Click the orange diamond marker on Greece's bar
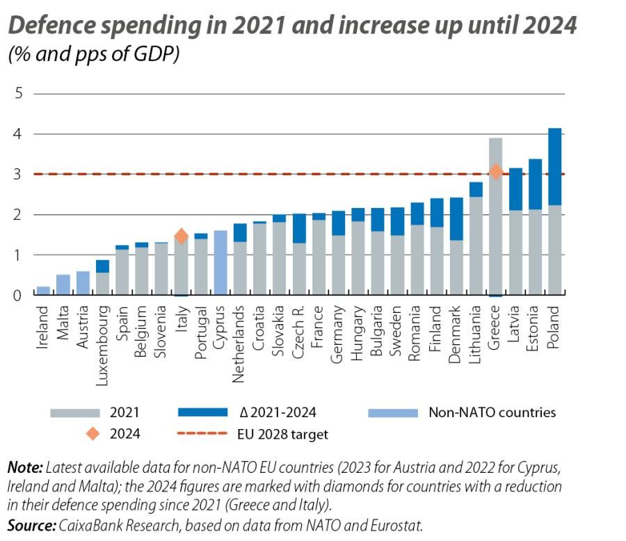coord(495,172)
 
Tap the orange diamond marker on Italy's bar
coord(181,236)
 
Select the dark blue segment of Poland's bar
coord(554,167)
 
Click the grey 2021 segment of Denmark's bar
coord(456,268)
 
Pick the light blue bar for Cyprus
coord(220,263)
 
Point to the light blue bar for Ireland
coord(43,291)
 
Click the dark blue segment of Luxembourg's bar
coord(102,266)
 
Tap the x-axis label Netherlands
coord(240,333)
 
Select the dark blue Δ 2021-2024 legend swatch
coord(202,412)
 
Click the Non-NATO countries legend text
coord(492,412)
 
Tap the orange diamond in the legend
coord(91,434)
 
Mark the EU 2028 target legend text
coord(283,434)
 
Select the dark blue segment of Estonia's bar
coord(535,184)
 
